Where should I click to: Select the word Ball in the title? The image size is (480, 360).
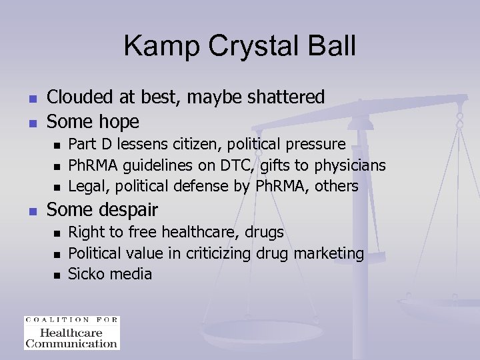click(x=331, y=47)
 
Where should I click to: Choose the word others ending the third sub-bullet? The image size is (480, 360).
click(x=336, y=186)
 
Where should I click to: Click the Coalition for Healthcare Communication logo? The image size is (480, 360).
click(x=71, y=333)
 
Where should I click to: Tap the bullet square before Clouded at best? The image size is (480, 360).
click(x=31, y=99)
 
